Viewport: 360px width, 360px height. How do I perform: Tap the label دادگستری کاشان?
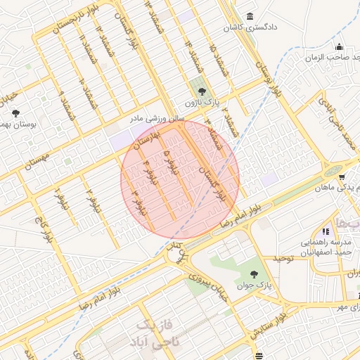[x=249, y=27]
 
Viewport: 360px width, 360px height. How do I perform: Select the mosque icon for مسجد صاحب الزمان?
[x=340, y=47]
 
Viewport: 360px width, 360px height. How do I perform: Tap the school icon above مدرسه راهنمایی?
[x=325, y=231]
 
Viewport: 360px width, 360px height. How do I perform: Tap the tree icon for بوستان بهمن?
[x=16, y=112]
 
